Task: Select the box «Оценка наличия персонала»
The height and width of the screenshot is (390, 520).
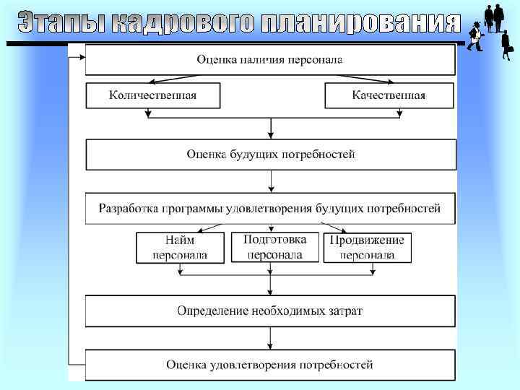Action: [270, 59]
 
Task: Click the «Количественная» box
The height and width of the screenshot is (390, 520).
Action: [152, 95]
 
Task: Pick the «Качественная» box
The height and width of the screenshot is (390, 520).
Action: [389, 95]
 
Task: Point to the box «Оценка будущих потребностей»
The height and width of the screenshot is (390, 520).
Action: [270, 155]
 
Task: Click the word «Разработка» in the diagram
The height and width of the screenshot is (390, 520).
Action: [127, 208]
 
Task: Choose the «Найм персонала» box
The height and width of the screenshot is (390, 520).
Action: [180, 248]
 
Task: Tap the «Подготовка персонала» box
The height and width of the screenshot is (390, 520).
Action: [274, 247]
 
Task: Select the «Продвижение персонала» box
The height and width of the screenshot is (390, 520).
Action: [367, 248]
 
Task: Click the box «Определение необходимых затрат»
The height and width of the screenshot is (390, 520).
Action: [270, 311]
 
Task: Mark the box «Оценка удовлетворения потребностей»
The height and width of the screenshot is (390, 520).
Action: [270, 365]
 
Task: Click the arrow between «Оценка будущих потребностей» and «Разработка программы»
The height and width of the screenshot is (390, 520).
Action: [271, 181]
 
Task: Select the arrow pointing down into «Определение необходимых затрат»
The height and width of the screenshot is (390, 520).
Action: [271, 286]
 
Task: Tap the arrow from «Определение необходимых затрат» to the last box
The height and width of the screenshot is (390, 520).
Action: [271, 338]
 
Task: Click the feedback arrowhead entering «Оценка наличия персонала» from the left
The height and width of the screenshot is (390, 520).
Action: [79, 60]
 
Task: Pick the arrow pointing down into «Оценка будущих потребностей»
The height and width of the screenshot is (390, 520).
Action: [271, 127]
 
